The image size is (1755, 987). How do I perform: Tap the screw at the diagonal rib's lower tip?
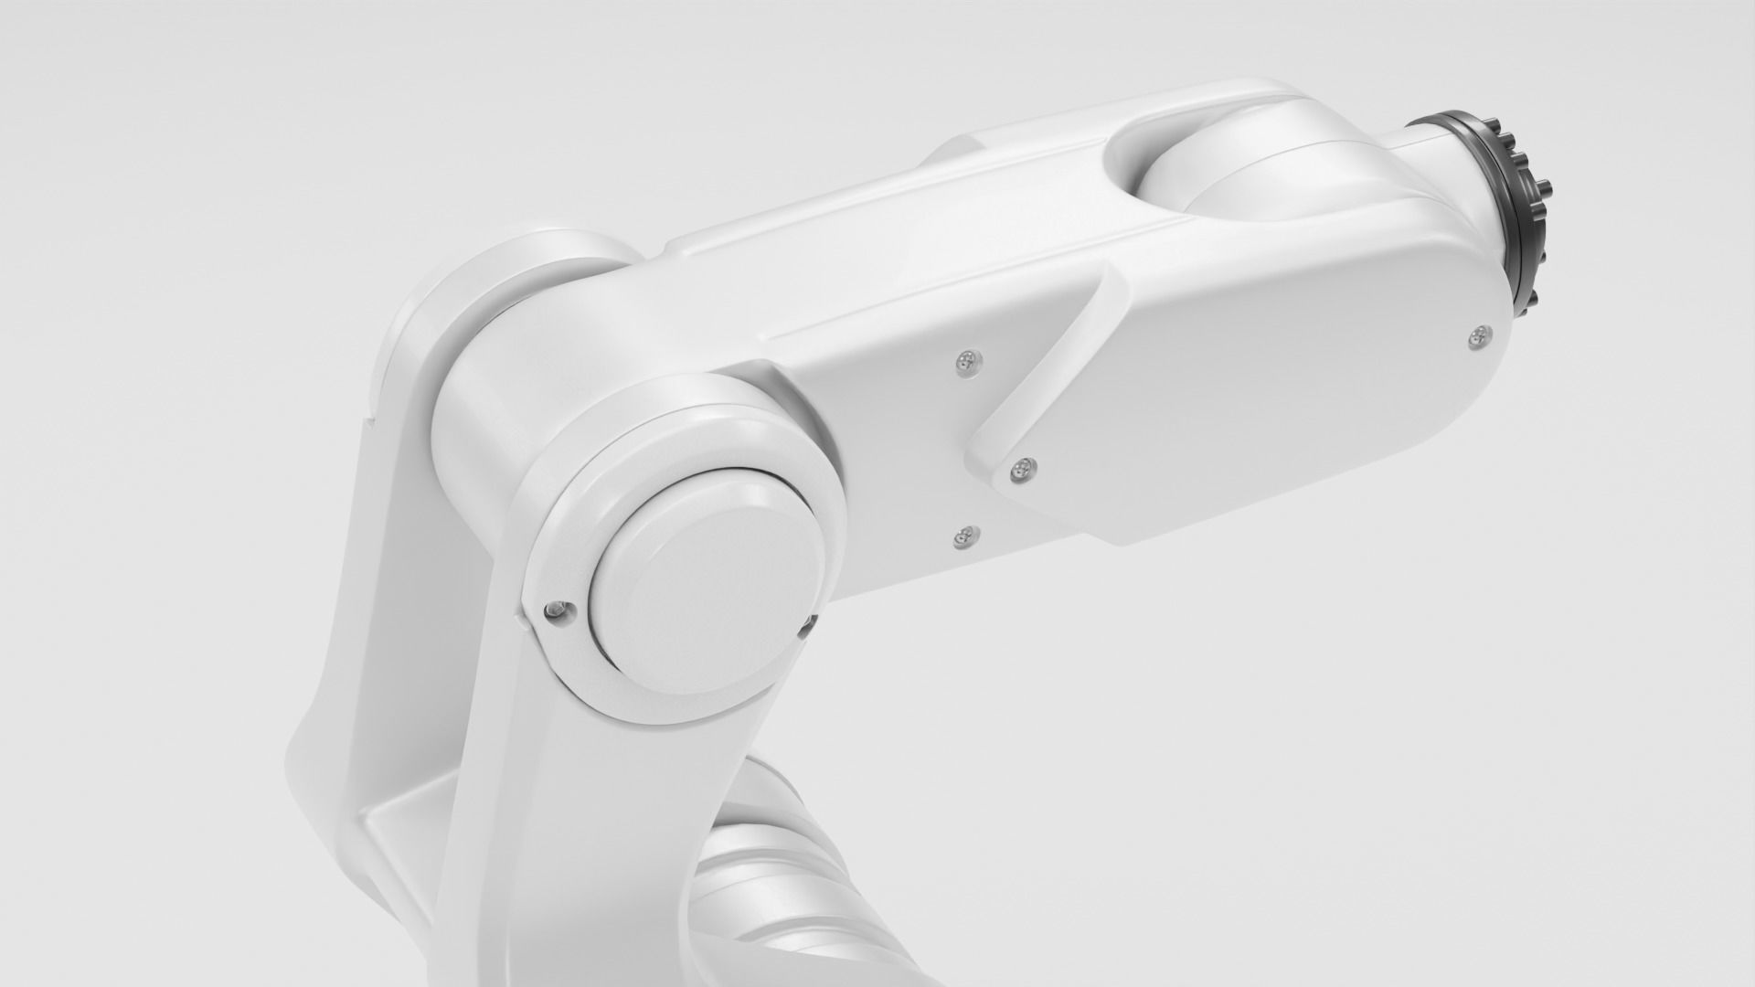(1022, 469)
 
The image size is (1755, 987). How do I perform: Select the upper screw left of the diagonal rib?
(966, 363)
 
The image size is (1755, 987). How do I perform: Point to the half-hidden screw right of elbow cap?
(806, 624)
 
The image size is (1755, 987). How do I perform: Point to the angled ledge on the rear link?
(384, 804)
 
